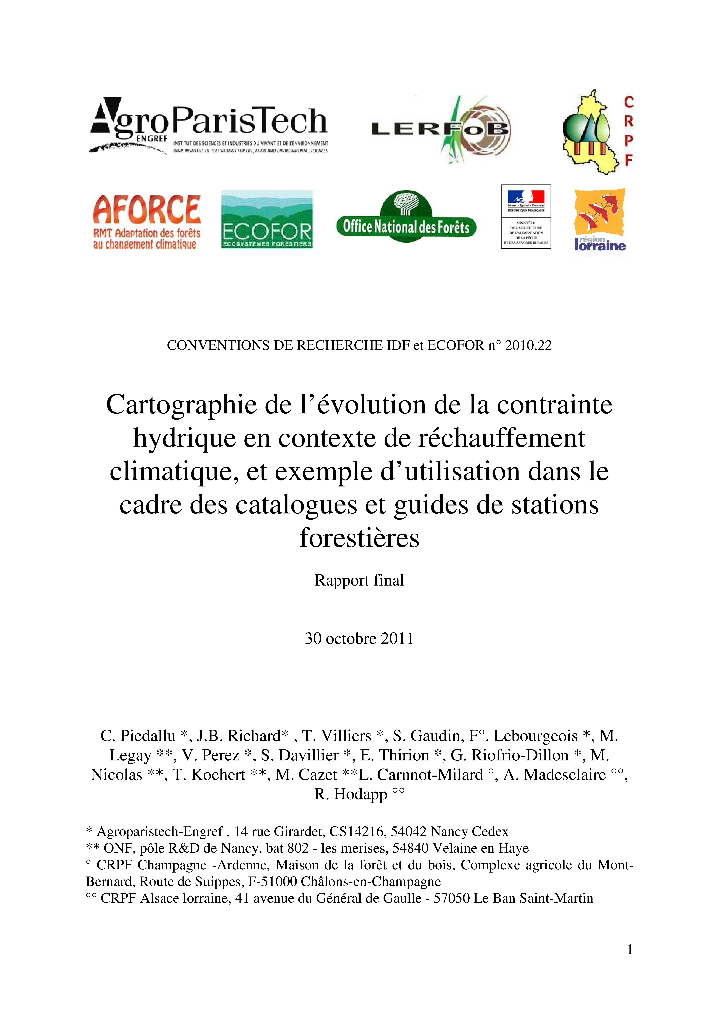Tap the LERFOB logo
tap(441, 129)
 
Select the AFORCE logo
tap(147, 222)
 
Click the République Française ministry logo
tap(526, 217)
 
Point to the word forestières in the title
tap(359, 538)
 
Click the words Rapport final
tap(359, 580)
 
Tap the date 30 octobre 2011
tap(359, 638)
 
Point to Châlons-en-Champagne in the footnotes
tap(371, 881)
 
